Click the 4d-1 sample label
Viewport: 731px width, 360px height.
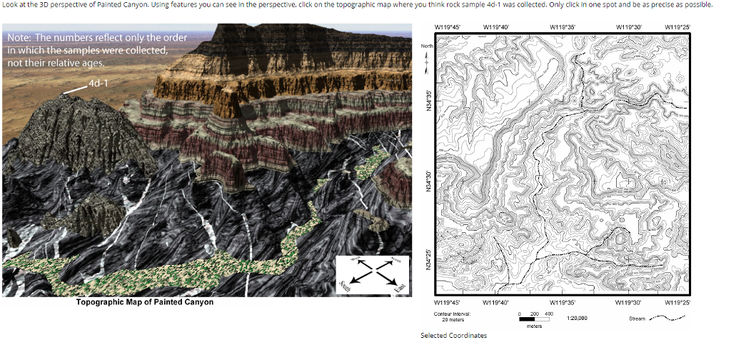(97, 84)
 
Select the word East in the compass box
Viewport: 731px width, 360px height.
(400, 286)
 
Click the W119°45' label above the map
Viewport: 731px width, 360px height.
(447, 28)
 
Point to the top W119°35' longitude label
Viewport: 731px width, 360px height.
(563, 28)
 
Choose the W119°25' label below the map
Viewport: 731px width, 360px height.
(677, 302)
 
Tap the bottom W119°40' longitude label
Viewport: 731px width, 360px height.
(495, 302)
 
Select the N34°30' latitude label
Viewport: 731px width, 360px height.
(428, 178)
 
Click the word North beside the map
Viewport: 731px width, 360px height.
(427, 46)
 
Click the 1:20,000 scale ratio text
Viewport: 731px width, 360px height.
(577, 318)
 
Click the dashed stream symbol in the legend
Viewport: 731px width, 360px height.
(668, 318)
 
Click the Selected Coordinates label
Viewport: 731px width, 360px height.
(453, 336)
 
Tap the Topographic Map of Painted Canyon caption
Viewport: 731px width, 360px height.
(145, 302)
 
